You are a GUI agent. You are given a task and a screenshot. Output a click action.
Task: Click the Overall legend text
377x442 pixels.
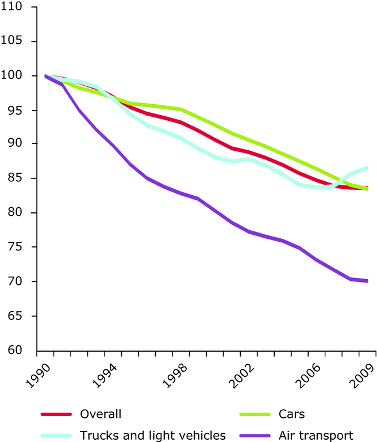pyautogui.click(x=101, y=413)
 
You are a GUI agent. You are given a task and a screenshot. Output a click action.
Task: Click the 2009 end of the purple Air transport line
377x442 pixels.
pyautogui.click(x=366, y=281)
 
